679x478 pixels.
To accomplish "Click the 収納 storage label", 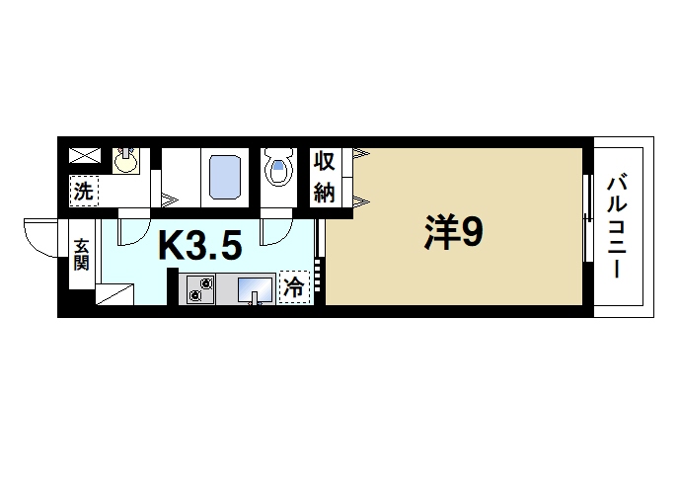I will click(x=326, y=176).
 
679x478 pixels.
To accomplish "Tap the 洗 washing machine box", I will click(x=83, y=191).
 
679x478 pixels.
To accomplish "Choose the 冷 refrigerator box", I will click(x=294, y=286).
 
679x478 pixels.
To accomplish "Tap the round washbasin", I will click(x=124, y=160).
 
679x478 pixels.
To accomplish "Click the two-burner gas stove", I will click(x=203, y=289).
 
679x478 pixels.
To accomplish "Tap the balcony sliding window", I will click(x=588, y=218).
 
